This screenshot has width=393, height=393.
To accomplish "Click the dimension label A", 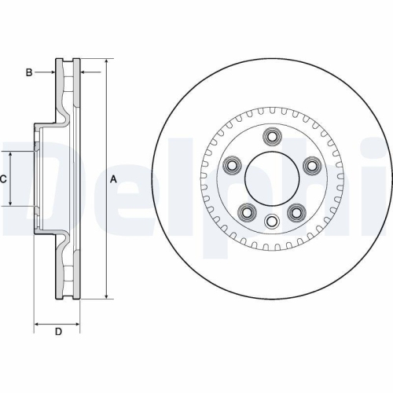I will [113, 179].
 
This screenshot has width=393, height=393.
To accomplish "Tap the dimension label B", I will [28, 73].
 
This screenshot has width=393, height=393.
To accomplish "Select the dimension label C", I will [3, 179].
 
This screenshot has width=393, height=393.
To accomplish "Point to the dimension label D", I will [57, 332].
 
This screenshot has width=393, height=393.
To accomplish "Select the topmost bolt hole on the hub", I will [273, 137].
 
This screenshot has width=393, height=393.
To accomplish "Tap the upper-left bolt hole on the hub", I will [233, 165].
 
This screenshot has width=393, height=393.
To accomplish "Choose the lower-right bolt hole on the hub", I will [297, 212].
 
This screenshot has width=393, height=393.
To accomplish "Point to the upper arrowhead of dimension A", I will [105, 62].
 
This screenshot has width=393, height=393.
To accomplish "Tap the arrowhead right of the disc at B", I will [84, 73].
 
